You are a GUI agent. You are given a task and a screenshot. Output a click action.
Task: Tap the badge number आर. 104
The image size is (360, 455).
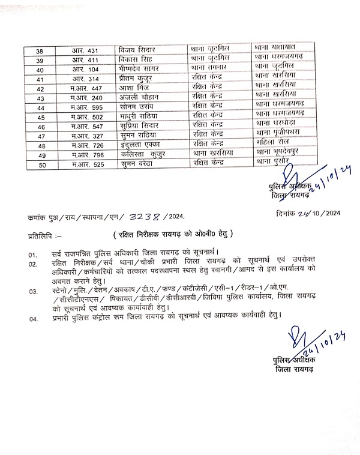tap(86, 70)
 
